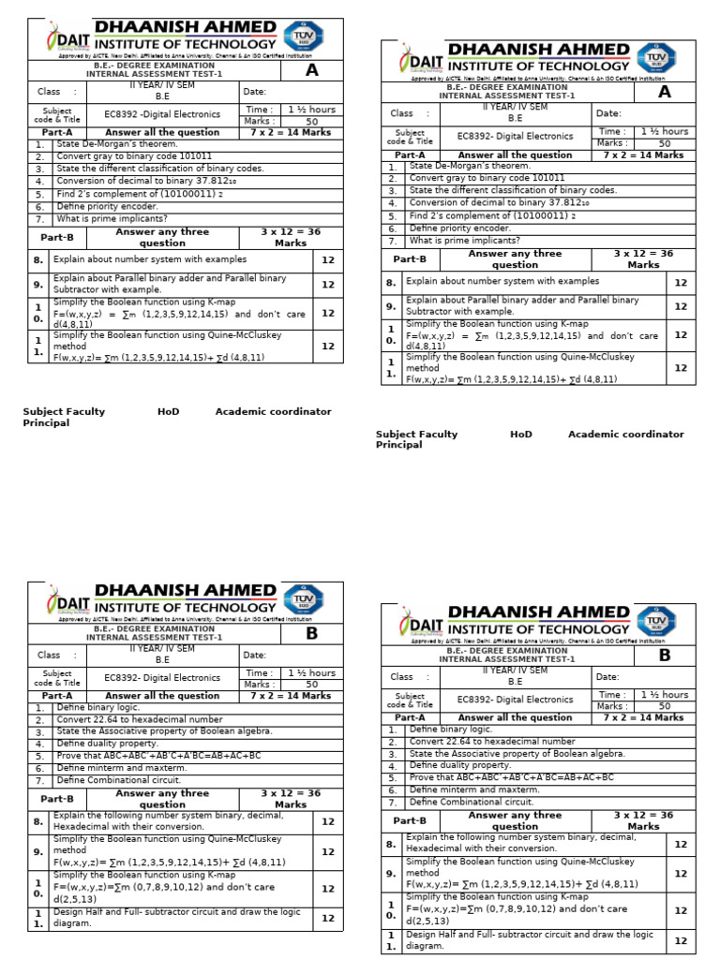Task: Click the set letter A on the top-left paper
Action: (x=311, y=70)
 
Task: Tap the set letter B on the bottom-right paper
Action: (x=664, y=655)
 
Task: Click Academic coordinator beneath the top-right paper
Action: (x=625, y=435)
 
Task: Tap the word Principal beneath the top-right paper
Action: (x=398, y=445)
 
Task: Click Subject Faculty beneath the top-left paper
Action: (x=64, y=411)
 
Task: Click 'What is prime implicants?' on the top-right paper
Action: (x=464, y=241)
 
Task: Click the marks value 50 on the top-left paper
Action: (x=311, y=122)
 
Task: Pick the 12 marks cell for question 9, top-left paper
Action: (x=328, y=285)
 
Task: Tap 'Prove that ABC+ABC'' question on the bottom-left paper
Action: (x=158, y=755)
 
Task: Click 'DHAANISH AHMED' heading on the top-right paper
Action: (x=538, y=50)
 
